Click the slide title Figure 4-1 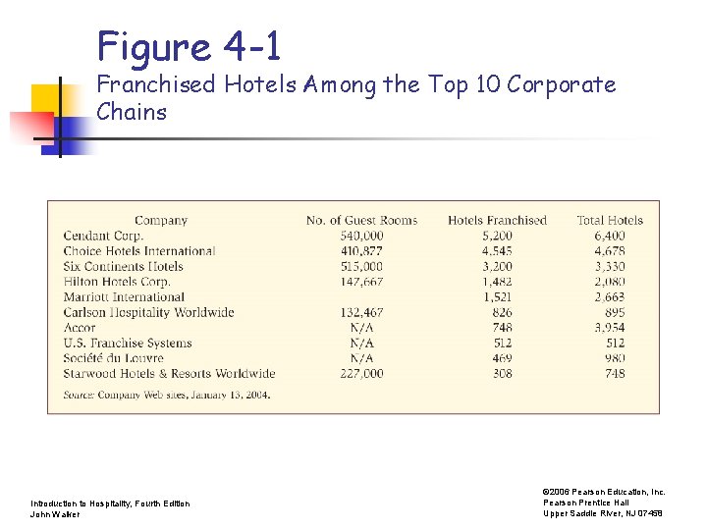pyautogui.click(x=189, y=46)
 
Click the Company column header pyautogui.click(x=161, y=220)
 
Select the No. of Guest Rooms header pyautogui.click(x=361, y=220)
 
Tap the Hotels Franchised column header pyautogui.click(x=497, y=220)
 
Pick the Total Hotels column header pyautogui.click(x=610, y=220)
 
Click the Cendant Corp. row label pyautogui.click(x=103, y=236)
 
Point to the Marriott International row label pyautogui.click(x=124, y=297)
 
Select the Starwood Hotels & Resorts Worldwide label pyautogui.click(x=169, y=374)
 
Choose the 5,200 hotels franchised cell pyautogui.click(x=498, y=236)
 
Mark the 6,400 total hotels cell pyautogui.click(x=610, y=236)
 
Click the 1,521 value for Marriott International pyautogui.click(x=498, y=297)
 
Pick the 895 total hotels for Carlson pyautogui.click(x=616, y=312)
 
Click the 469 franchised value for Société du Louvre pyautogui.click(x=503, y=358)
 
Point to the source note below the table pyautogui.click(x=166, y=395)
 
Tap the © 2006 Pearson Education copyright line pyautogui.click(x=604, y=492)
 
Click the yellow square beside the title pyautogui.click(x=45, y=99)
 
